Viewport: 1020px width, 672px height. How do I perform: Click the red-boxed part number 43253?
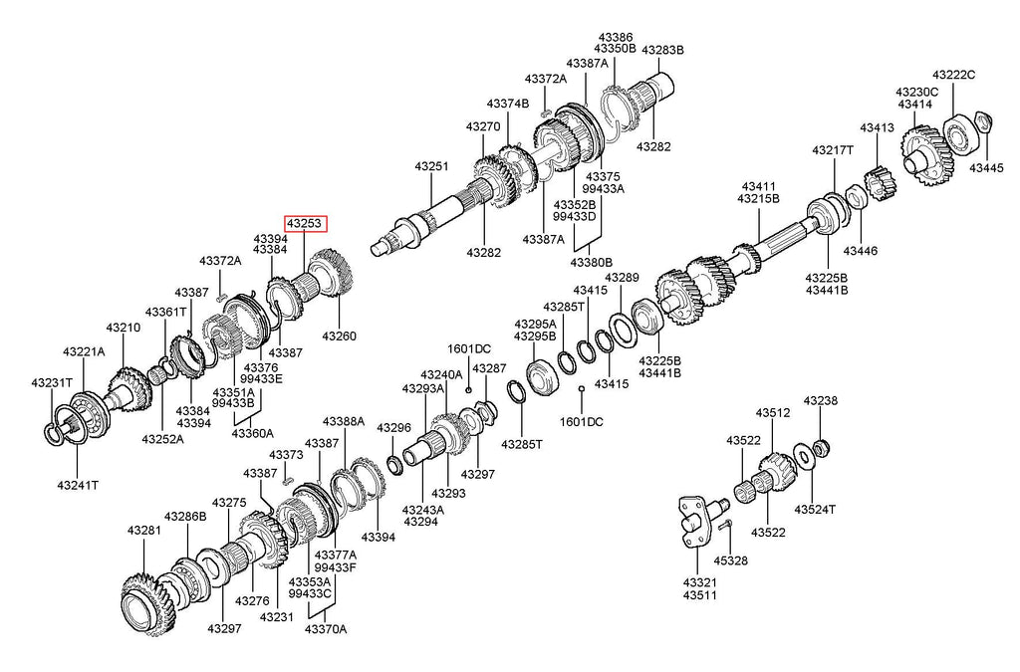[305, 225]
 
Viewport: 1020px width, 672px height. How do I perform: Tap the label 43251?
[431, 168]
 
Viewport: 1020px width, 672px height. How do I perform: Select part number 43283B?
[662, 50]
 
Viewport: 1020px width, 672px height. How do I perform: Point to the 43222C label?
[953, 75]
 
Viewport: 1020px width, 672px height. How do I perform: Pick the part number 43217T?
[832, 150]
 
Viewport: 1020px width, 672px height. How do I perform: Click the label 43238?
[822, 401]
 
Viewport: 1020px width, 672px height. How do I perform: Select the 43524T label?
[814, 509]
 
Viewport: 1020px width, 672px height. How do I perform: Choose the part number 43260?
[339, 336]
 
